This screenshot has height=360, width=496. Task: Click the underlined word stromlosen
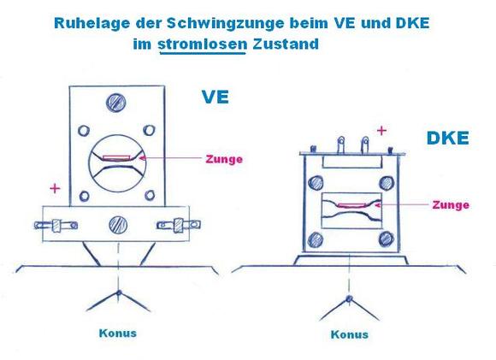[203, 44]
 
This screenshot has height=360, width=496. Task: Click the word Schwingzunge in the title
[225, 23]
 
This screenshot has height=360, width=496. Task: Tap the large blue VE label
[216, 97]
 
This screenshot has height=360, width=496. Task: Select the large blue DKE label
[447, 138]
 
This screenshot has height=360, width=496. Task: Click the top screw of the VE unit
[115, 103]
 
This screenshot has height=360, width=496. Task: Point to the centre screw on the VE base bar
[118, 225]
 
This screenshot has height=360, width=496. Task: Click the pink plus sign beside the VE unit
[55, 188]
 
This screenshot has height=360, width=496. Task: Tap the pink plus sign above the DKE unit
[381, 130]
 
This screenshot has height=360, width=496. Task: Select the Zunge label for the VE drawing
[224, 159]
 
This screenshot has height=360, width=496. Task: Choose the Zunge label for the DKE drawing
[451, 205]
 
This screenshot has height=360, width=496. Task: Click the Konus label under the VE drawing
[118, 333]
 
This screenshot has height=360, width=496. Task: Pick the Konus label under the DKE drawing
[350, 334]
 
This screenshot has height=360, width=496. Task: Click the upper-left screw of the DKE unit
[316, 183]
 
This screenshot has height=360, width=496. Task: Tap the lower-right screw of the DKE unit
[387, 239]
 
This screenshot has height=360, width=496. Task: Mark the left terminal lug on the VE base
[56, 225]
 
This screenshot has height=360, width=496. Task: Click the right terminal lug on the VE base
[179, 225]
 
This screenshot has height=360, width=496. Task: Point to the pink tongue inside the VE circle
[116, 158]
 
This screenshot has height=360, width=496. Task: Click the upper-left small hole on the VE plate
[84, 130]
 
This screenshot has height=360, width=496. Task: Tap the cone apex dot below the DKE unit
[349, 298]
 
